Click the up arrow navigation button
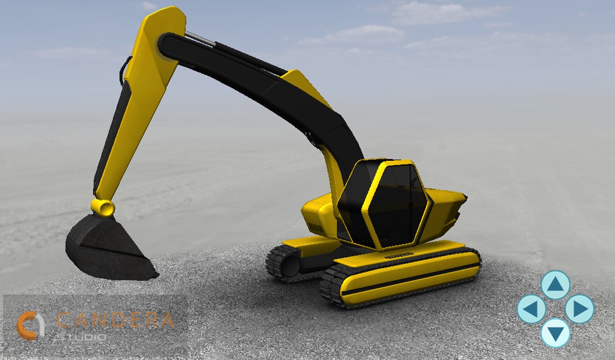click(x=556, y=285)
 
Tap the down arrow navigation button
click(x=556, y=333)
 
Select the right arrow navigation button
click(x=580, y=309)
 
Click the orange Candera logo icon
click(x=30, y=325)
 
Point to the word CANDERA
click(x=116, y=320)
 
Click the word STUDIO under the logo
click(x=81, y=337)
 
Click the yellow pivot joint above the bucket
click(x=103, y=208)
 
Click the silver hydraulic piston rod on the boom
click(x=200, y=39)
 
